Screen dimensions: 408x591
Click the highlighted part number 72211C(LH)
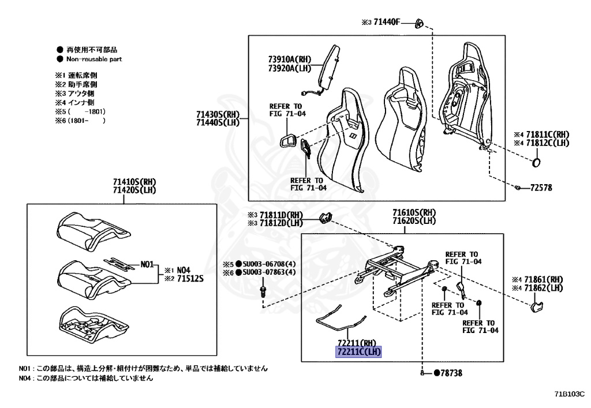pyautogui.click(x=359, y=351)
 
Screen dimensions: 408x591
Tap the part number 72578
pyautogui.click(x=542, y=189)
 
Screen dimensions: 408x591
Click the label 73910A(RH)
pyautogui.click(x=289, y=59)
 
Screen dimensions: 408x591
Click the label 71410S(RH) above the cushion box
pyautogui.click(x=134, y=181)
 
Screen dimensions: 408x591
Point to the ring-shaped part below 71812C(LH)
pyautogui.click(x=536, y=163)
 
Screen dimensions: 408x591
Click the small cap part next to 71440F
pyautogui.click(x=420, y=23)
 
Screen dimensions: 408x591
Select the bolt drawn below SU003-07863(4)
pyautogui.click(x=263, y=288)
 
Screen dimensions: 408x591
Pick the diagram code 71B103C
pyautogui.click(x=570, y=395)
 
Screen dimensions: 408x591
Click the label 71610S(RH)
pyautogui.click(x=414, y=212)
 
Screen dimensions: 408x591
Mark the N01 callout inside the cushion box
pyautogui.click(x=148, y=265)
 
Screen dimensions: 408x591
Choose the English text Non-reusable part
pyautogui.click(x=93, y=59)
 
